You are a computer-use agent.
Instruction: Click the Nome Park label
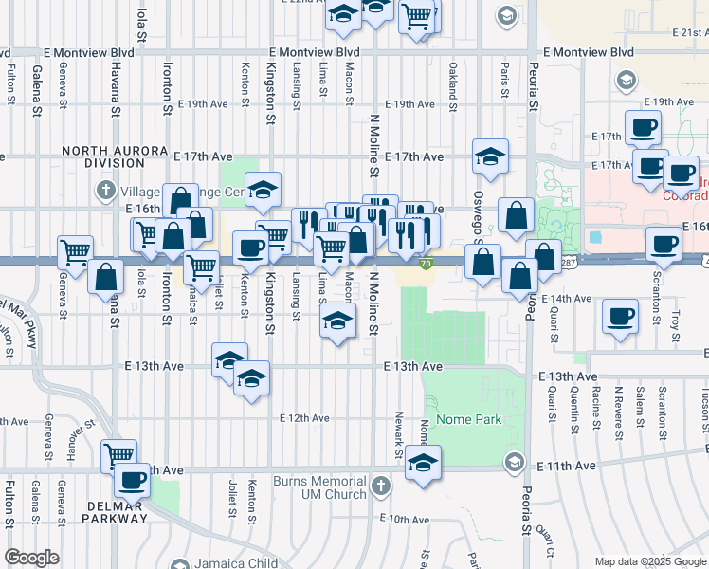coord(475,420)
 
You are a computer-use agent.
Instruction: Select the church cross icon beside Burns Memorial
coord(380,486)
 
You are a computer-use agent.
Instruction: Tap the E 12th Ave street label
coord(305,418)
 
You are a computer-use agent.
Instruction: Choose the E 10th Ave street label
coord(405,519)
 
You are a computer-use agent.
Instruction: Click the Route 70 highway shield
coord(427,264)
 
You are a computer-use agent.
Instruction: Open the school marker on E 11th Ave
coord(424,462)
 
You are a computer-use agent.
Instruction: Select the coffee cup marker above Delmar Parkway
coord(132,479)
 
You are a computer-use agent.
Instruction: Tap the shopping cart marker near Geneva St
coord(75,252)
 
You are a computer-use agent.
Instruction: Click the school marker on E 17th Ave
coord(490,156)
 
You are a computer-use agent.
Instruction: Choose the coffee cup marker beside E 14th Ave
coord(621,316)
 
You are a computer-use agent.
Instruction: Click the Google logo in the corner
coord(32,558)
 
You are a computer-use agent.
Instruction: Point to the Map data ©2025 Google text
coord(649,561)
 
